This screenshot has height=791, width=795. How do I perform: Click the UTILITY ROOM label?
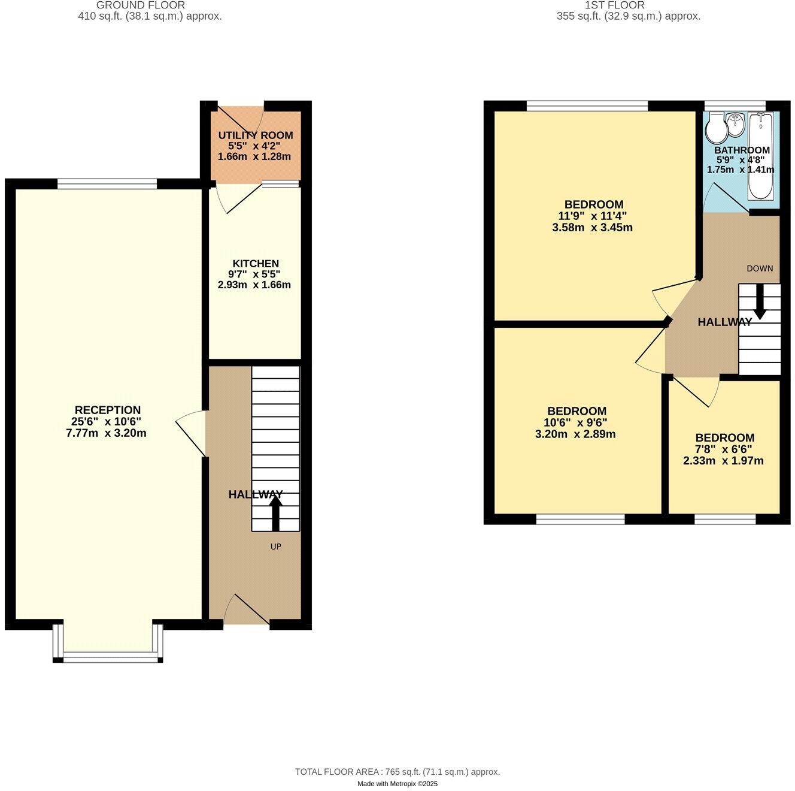(x=255, y=135)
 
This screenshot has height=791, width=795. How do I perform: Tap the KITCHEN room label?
(x=256, y=264)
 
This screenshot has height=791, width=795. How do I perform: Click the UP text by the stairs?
(x=275, y=547)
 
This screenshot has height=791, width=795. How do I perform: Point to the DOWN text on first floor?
(x=759, y=268)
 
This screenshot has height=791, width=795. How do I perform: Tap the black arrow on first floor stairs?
(x=759, y=301)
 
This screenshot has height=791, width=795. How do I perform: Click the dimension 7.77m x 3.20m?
(x=106, y=433)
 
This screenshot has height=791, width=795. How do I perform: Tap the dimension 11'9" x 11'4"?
(x=592, y=216)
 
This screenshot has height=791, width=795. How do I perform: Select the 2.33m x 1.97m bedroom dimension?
(x=723, y=461)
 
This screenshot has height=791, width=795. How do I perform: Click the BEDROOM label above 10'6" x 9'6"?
(x=576, y=411)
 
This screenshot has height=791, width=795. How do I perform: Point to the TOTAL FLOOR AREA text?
(x=397, y=772)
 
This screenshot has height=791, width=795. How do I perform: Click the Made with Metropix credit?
(x=397, y=784)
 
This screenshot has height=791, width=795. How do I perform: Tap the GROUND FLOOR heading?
(x=149, y=5)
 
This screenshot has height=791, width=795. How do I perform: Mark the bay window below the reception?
(x=108, y=657)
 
